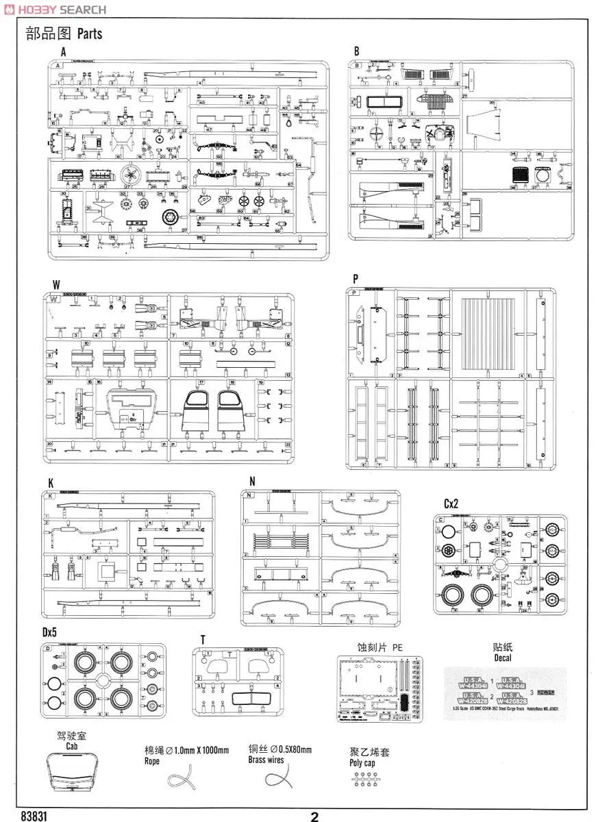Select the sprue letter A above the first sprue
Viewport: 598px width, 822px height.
63,52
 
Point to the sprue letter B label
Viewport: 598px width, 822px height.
357,52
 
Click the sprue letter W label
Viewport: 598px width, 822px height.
55,284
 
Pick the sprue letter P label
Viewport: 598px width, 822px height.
356,279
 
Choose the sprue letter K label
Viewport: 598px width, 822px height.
51,483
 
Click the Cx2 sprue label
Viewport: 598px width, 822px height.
451,503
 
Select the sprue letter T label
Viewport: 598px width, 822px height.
203,640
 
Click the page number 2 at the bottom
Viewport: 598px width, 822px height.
314,817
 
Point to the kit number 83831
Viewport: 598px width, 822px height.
35,816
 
